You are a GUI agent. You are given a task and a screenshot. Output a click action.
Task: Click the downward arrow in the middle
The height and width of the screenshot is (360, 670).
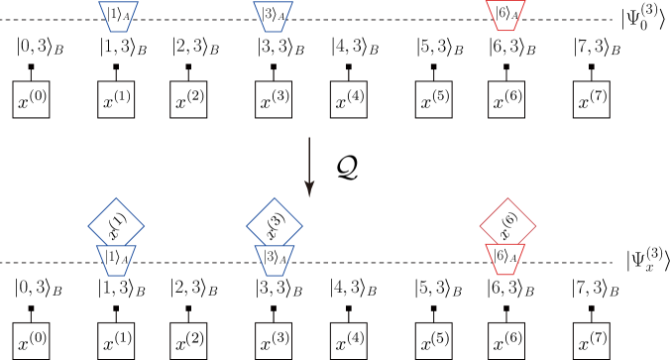pos(309,166)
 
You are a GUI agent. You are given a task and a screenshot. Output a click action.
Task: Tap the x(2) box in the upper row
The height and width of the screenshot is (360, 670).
pos(190,100)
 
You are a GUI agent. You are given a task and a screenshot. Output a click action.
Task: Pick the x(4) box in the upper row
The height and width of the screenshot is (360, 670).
pos(349,100)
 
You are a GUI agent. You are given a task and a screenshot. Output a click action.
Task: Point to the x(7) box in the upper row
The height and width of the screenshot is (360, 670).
pos(592,100)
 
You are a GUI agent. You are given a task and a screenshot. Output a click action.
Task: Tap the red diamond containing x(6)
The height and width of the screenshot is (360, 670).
pos(506,222)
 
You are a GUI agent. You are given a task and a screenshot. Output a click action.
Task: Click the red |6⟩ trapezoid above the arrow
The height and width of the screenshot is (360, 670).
pos(505,15)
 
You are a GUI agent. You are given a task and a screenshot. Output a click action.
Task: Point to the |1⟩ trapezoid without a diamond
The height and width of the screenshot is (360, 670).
pos(117,15)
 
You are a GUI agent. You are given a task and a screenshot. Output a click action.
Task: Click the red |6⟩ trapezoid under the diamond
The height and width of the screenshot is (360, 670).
pos(506,257)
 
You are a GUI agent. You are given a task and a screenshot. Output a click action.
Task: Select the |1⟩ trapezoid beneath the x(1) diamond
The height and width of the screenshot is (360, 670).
pos(117,257)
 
